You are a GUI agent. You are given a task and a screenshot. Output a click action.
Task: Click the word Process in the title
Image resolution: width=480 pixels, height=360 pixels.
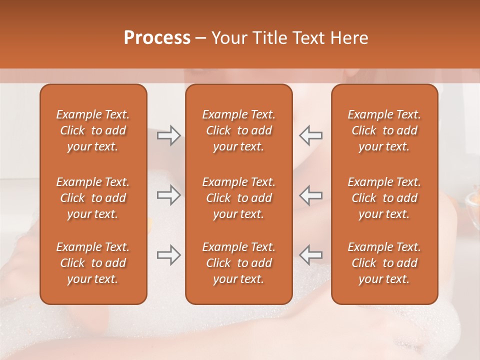pos(157,38)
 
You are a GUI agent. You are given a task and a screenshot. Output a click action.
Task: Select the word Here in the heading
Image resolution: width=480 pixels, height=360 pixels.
pos(348,38)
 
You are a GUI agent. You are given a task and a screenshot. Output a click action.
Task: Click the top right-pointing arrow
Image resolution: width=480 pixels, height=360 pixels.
pos(168,135)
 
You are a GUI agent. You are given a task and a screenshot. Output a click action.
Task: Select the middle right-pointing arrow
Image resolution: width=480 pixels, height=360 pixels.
pos(168,195)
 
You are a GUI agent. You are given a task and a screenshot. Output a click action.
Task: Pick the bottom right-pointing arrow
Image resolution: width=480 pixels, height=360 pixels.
pos(168,254)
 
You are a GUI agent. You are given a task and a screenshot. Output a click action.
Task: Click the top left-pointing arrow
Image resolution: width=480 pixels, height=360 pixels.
pos(310,135)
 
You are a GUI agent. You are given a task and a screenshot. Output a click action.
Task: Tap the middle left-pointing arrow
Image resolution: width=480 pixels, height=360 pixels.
pos(310,195)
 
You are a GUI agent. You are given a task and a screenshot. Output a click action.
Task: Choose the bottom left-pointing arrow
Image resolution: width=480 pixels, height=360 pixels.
pos(310,254)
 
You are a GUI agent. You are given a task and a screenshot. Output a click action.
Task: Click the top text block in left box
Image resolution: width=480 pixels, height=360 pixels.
pos(93,130)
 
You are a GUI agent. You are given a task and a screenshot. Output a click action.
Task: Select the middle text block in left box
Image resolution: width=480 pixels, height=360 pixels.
pos(93,198)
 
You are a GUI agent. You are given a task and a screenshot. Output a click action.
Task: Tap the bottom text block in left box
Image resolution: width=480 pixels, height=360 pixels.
pos(93,263)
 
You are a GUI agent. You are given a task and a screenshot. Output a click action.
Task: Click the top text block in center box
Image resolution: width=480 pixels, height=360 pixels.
pos(239,130)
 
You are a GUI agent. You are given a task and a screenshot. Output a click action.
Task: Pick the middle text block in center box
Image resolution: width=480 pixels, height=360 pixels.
pos(239,198)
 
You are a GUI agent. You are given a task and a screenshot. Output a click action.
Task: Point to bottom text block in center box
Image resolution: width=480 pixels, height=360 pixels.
pos(239,263)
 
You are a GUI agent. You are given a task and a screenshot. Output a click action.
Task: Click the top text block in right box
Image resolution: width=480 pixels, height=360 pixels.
pos(384,130)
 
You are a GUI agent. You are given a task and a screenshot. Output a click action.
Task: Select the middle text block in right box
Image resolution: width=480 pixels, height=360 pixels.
pos(384,198)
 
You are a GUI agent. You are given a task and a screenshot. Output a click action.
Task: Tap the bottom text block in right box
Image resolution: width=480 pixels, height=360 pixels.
pos(384,263)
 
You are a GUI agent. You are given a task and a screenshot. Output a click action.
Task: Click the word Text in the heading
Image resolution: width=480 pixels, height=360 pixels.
pos(309,38)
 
